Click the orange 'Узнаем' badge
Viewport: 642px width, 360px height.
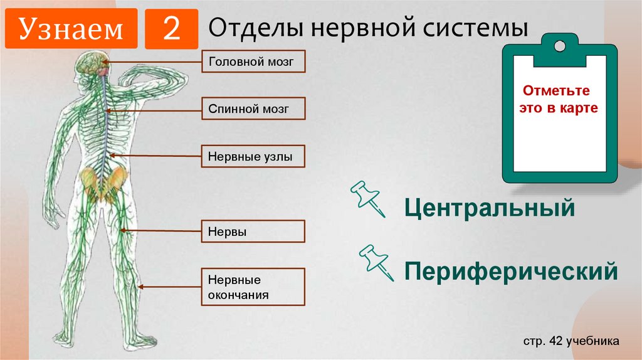71,29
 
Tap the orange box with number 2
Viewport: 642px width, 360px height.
171,29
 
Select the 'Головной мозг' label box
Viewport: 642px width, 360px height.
253,62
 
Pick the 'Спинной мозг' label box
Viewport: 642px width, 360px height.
253,109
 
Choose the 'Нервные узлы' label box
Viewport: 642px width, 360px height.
253,156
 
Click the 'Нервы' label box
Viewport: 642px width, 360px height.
253,231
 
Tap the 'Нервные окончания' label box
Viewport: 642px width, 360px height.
253,287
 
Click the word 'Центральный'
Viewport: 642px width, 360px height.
490,207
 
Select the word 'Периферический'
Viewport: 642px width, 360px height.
511,271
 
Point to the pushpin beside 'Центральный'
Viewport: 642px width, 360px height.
369,198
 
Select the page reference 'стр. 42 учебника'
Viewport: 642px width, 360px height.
571,341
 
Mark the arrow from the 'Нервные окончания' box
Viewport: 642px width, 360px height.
169,287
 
